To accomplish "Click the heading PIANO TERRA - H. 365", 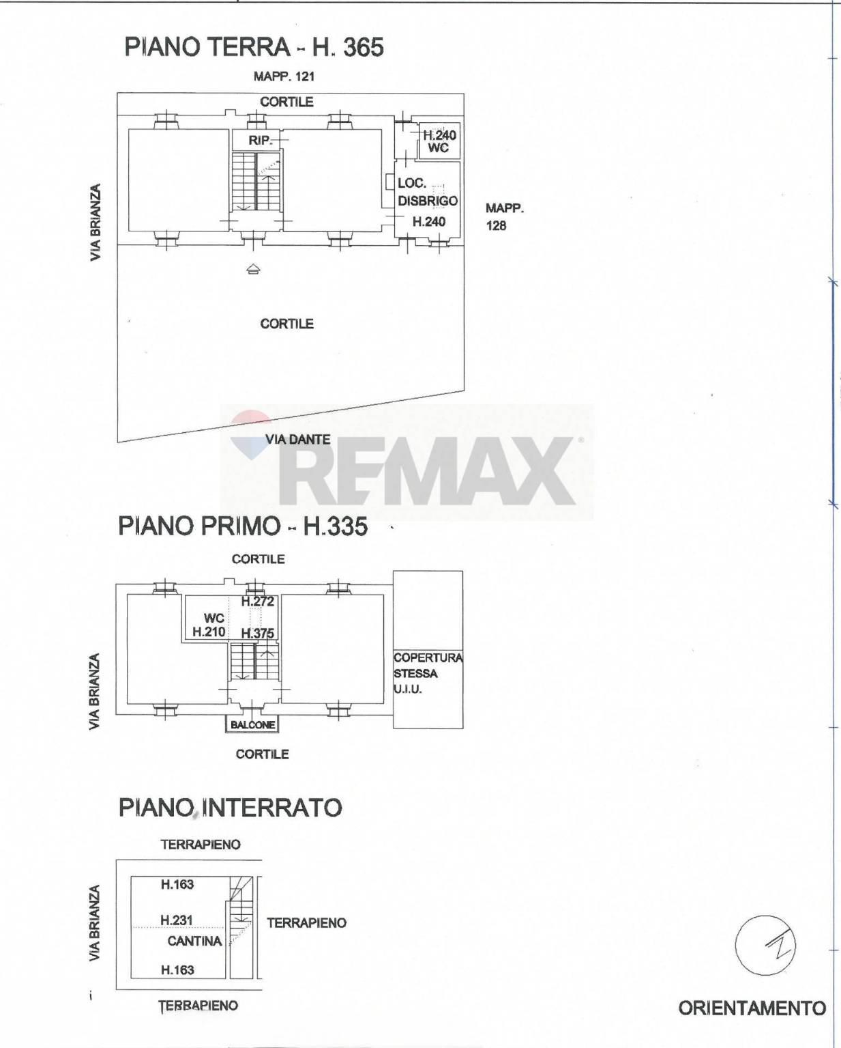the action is click(254, 47).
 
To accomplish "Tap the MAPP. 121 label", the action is click(284, 76).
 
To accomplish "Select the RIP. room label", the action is click(260, 141).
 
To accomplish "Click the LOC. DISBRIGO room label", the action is click(428, 192).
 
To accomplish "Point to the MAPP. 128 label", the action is click(505, 216).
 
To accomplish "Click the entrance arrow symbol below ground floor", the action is click(254, 268).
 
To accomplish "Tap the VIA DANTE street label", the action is click(298, 439).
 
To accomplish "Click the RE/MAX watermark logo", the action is click(407, 463).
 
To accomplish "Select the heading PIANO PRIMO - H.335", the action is click(243, 526).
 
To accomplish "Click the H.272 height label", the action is click(258, 601).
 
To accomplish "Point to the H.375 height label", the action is click(258, 633).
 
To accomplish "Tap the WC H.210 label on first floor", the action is click(209, 625).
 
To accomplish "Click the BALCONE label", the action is click(252, 724).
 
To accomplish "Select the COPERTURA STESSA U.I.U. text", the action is click(428, 673).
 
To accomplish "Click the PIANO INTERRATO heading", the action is click(231, 808).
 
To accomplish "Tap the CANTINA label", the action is click(194, 941).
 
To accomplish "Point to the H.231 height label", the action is click(177, 920).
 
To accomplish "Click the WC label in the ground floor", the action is click(438, 147).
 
